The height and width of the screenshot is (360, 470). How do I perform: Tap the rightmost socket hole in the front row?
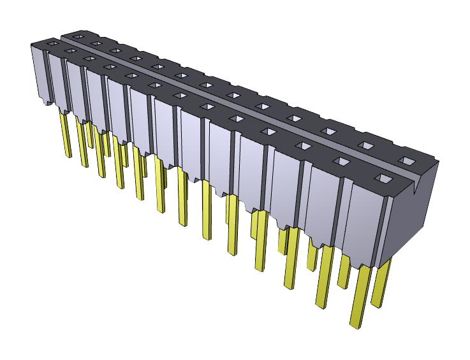pyautogui.click(x=383, y=178)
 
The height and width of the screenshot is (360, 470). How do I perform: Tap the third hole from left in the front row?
pyautogui.click(x=87, y=60)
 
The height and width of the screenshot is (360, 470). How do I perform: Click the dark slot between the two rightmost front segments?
pyautogui.click(x=345, y=217)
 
